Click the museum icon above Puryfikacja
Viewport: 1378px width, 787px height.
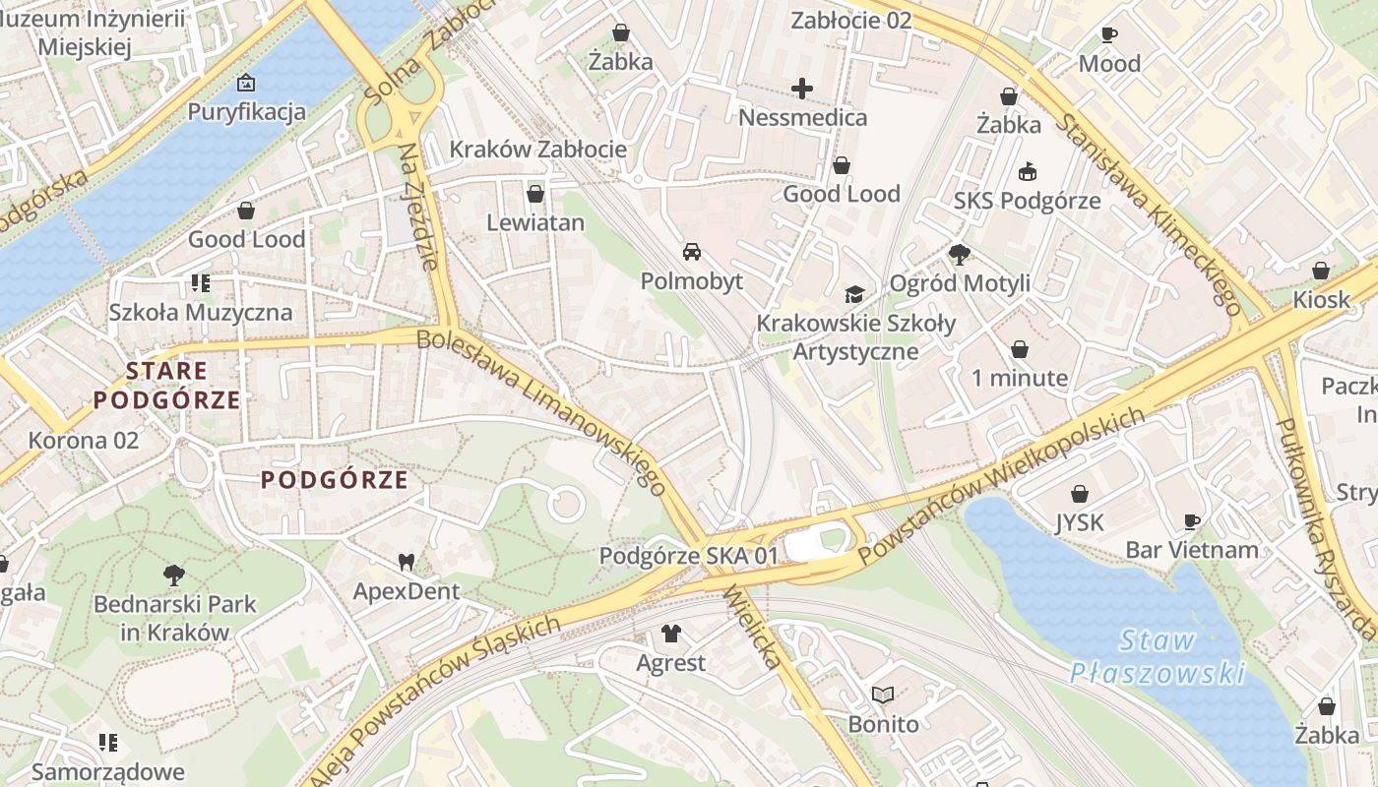pos(246,83)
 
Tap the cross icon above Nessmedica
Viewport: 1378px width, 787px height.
pos(802,90)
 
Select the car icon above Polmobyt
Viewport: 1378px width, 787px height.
pos(692,252)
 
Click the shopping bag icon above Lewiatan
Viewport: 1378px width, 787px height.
pos(535,194)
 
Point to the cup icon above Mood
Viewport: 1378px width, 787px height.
pos(1109,35)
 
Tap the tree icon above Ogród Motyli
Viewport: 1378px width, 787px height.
pos(960,255)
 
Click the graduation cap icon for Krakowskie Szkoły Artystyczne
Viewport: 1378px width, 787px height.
pos(854,294)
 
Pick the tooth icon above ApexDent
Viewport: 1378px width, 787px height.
pos(406,563)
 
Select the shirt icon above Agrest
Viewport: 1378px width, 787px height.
pos(671,634)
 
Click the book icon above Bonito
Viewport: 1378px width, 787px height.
pos(883,696)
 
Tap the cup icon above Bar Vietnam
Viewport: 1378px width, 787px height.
pos(1192,521)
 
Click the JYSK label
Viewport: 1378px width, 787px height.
pos(1080,522)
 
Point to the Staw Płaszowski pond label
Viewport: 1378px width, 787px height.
pos(1158,657)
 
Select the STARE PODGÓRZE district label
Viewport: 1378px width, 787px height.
pos(166,386)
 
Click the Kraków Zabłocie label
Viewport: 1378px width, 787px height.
pos(537,150)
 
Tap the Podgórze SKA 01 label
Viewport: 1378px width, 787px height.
pos(689,556)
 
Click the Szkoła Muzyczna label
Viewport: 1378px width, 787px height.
pos(201,313)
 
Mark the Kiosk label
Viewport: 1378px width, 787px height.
pos(1322,299)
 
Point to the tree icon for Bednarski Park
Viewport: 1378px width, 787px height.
pos(174,575)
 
